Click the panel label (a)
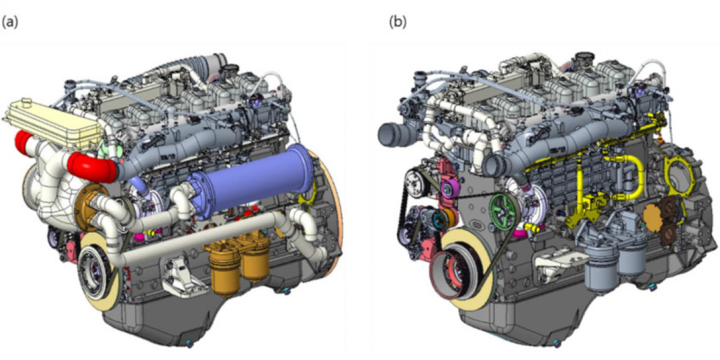(x=10, y=23)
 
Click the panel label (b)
(x=398, y=23)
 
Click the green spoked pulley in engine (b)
(x=503, y=211)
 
